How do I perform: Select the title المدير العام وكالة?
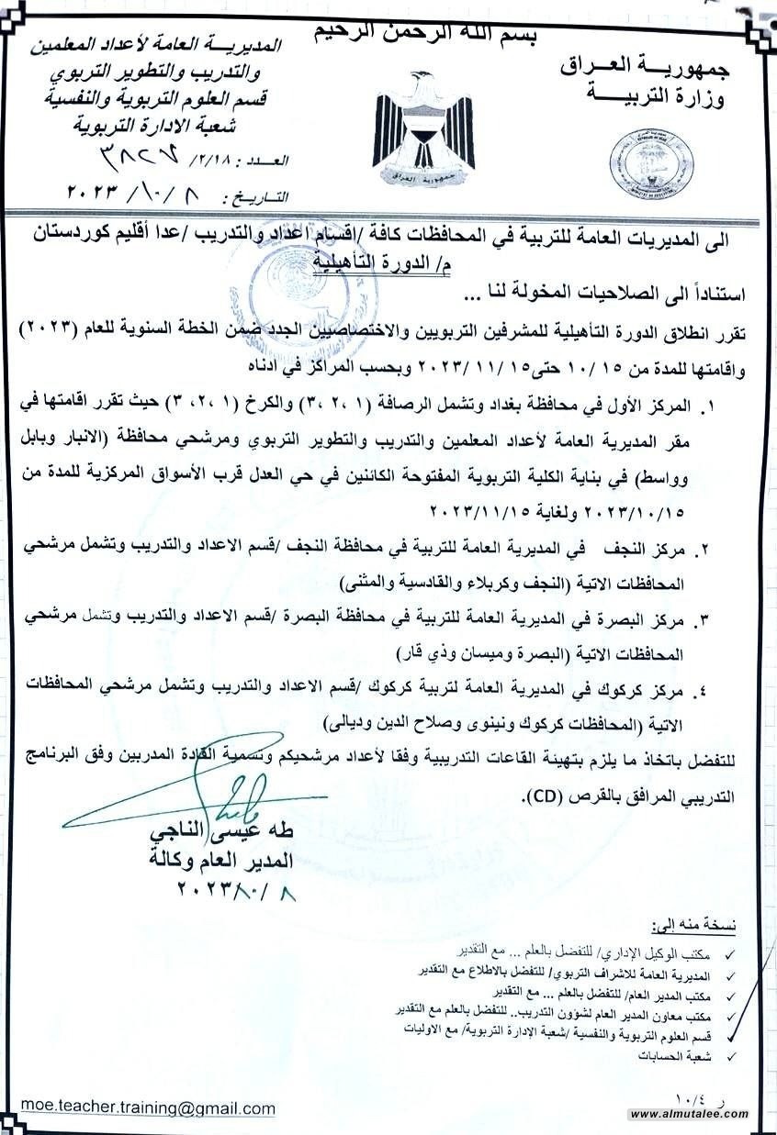[220, 862]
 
